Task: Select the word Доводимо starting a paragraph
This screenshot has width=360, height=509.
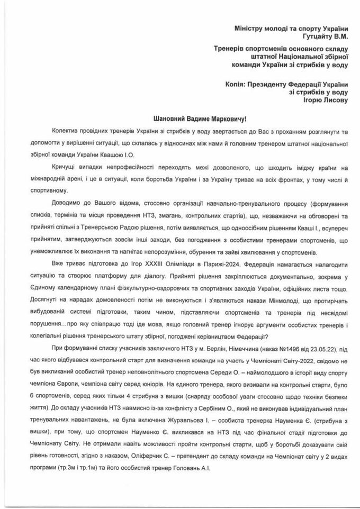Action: [x=68, y=204]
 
